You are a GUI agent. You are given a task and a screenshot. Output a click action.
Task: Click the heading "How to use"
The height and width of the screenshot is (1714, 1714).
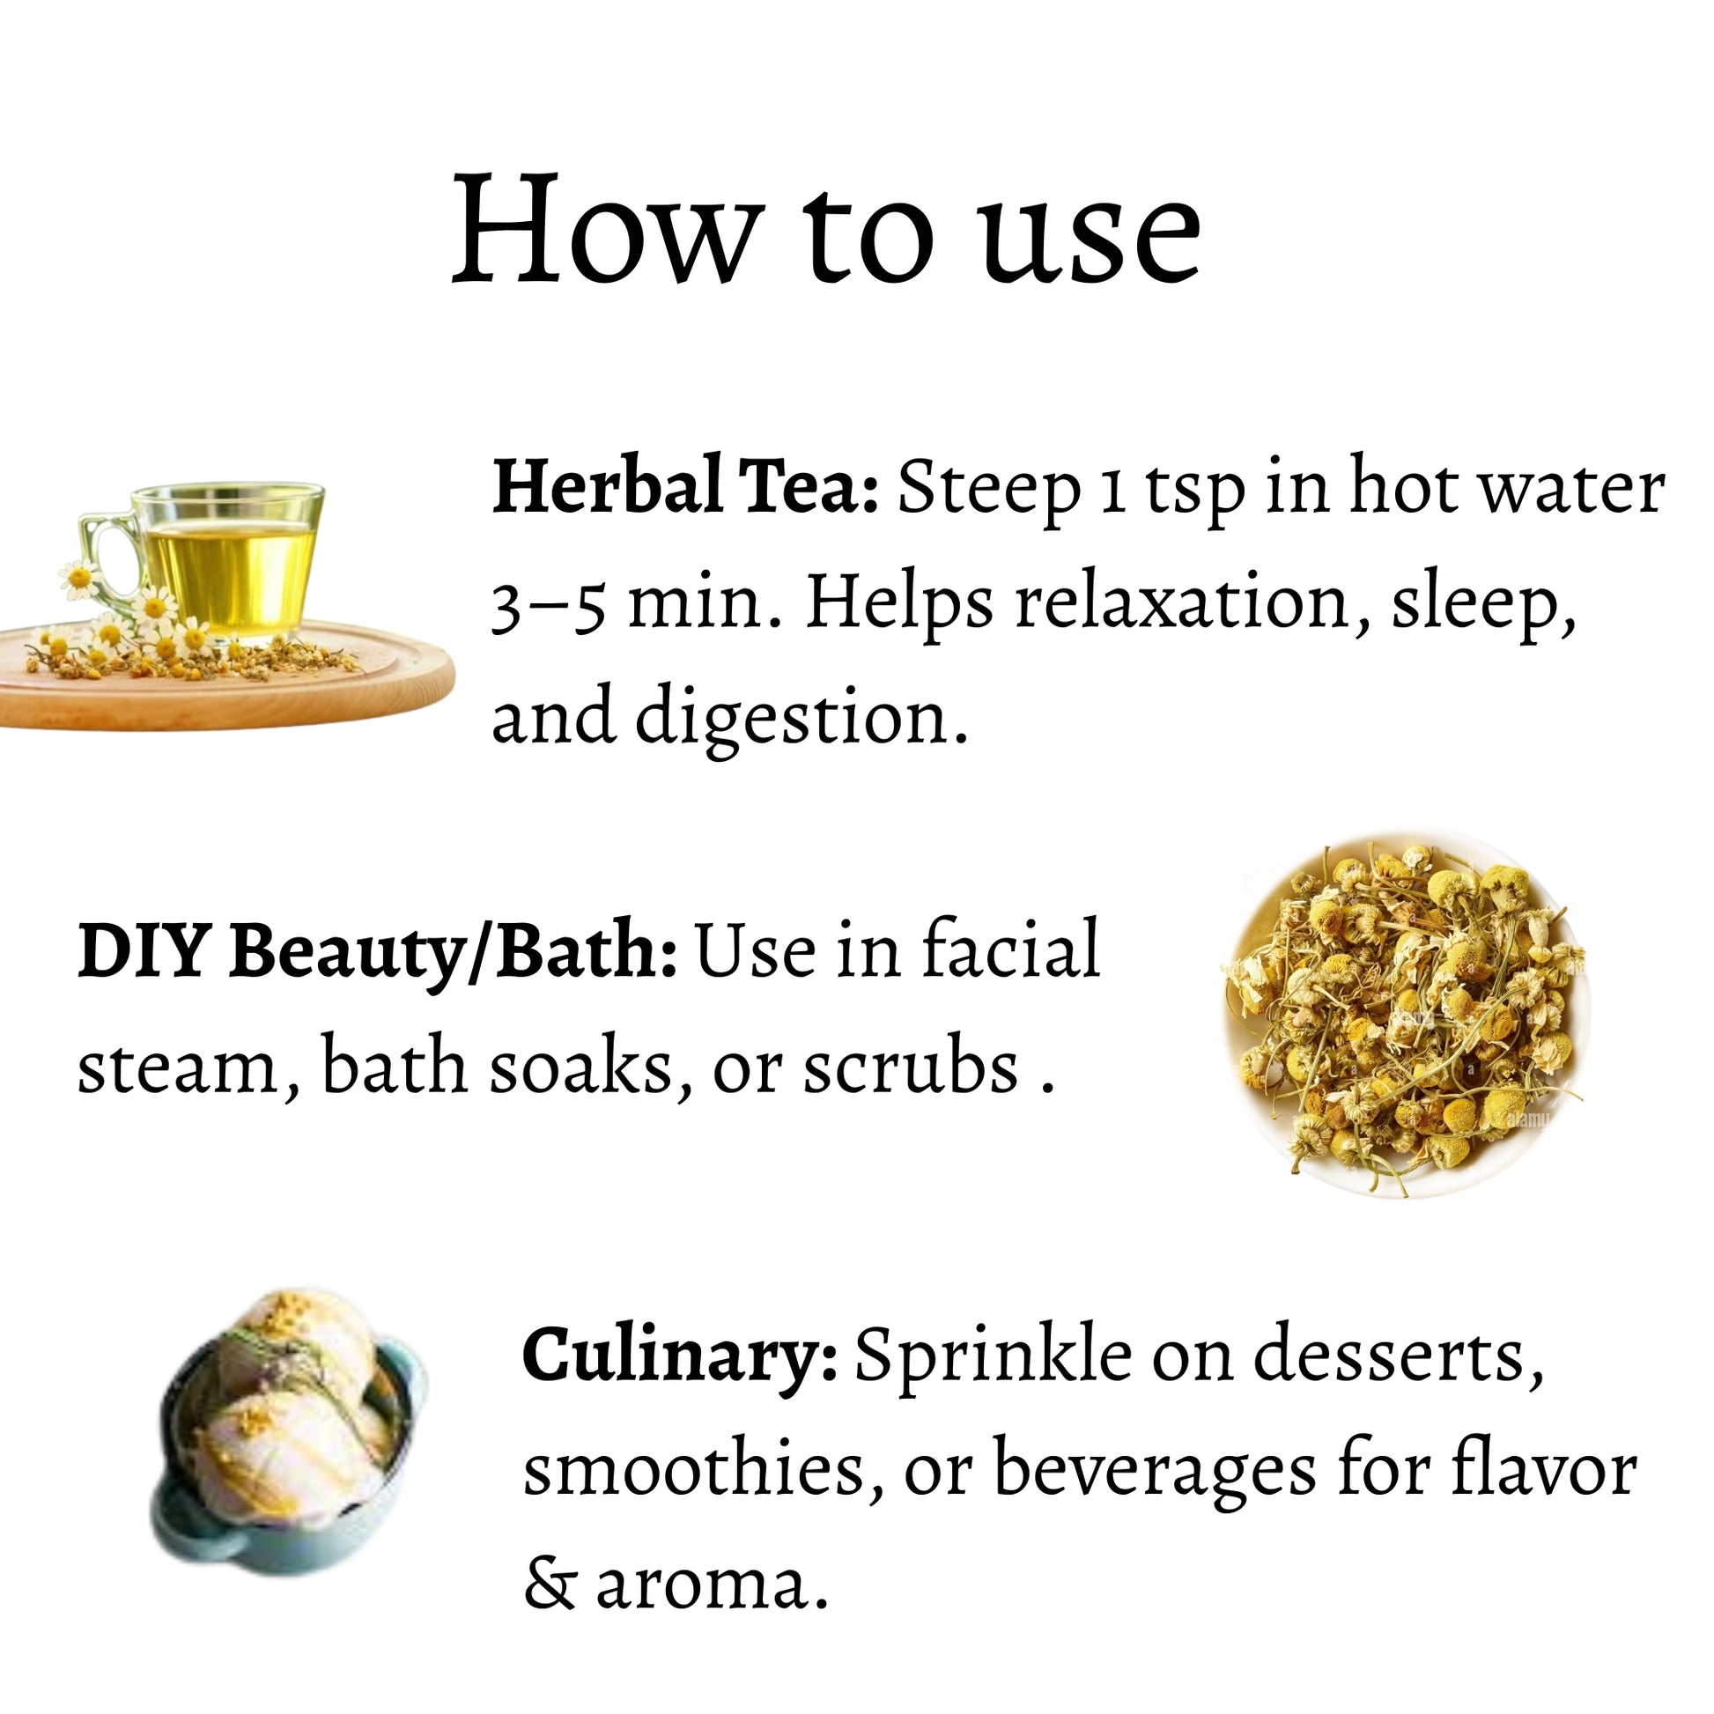[827, 230]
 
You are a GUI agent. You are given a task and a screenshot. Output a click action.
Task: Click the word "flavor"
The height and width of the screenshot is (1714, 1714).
[1543, 1470]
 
